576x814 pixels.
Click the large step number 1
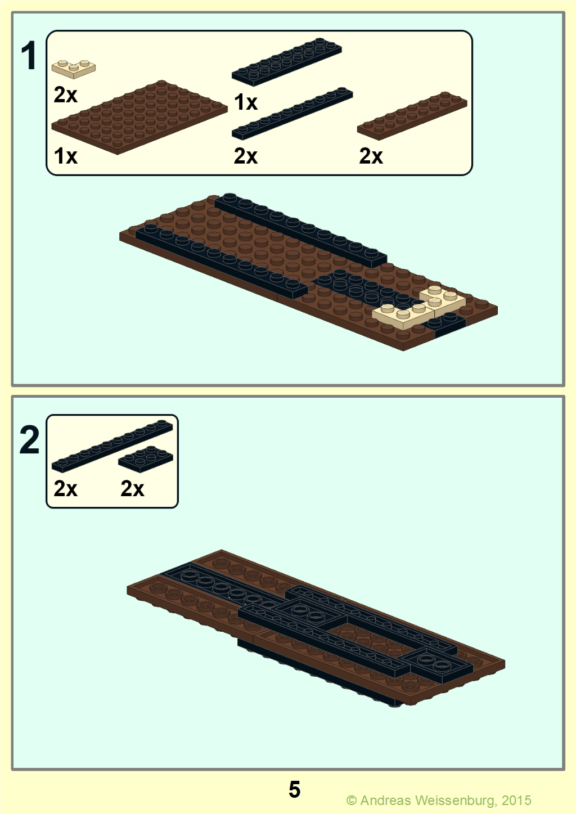pos(29,56)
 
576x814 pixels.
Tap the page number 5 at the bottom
pos(294,789)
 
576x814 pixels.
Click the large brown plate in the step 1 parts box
pos(139,117)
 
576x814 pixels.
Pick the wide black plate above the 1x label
pos(287,62)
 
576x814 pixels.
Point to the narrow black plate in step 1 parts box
pos(292,113)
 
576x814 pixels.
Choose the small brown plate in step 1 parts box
pos(412,116)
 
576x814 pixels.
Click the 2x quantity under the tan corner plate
pos(65,95)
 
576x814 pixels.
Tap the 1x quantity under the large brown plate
pos(65,156)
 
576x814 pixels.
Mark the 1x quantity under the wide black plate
pos(246,102)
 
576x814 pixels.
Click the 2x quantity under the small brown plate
pos(371,156)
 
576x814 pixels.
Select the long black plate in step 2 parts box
pos(112,446)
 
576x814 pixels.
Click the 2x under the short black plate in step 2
pos(132,488)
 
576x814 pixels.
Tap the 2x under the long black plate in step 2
pos(65,488)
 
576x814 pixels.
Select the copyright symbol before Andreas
pos(352,800)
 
